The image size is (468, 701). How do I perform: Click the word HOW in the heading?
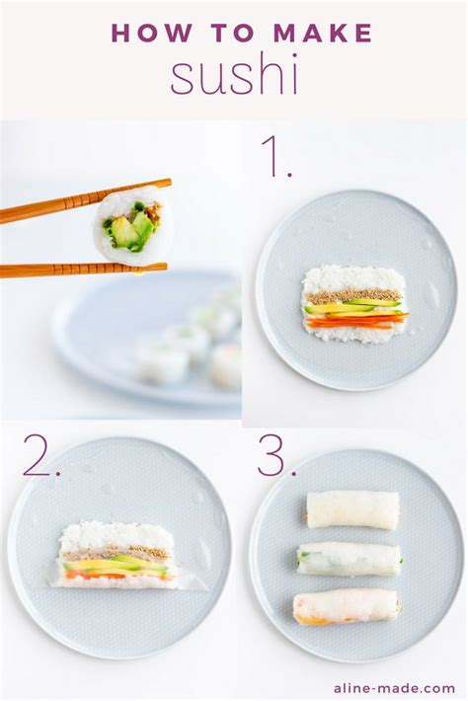click(x=143, y=34)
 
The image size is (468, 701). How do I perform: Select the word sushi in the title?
click(x=234, y=76)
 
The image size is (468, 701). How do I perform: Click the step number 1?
click(x=275, y=158)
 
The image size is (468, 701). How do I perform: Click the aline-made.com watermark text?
click(x=407, y=688)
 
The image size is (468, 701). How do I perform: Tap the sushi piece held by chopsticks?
click(x=128, y=227)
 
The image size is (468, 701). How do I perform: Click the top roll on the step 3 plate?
click(x=352, y=509)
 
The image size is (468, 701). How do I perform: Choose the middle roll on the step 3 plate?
click(x=349, y=559)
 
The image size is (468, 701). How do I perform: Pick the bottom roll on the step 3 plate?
click(x=346, y=606)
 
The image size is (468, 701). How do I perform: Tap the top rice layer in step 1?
click(x=353, y=278)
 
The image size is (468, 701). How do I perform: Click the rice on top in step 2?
click(x=117, y=536)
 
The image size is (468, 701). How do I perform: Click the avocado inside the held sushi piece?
click(x=126, y=233)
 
